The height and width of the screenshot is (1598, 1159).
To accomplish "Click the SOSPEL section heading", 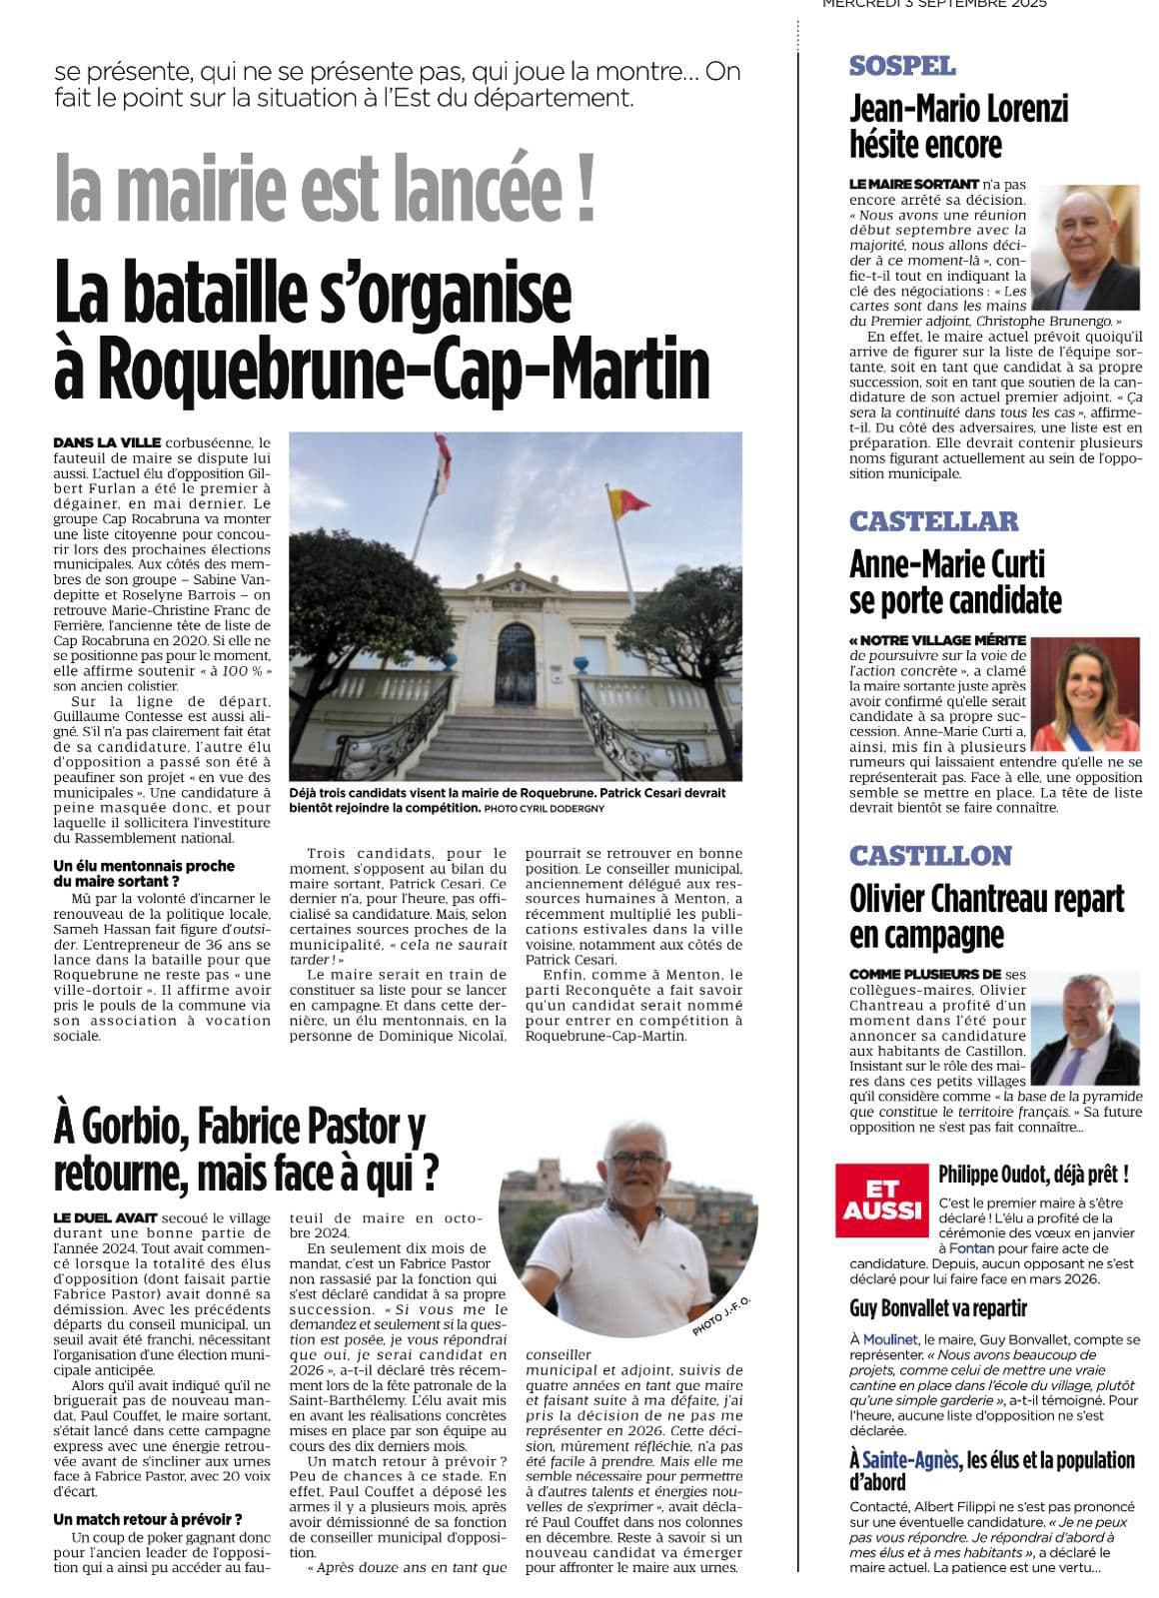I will coord(902,67).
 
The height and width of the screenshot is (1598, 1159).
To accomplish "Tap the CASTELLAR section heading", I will coord(919,521).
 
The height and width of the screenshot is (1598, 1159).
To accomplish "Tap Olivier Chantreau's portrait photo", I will coord(1085,1028).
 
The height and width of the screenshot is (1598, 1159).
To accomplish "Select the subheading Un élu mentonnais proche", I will coord(144,866).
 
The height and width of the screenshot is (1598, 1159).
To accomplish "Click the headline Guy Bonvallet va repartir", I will coord(937,1308).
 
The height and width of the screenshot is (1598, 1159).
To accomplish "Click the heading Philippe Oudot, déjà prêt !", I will coord(1033,1174).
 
